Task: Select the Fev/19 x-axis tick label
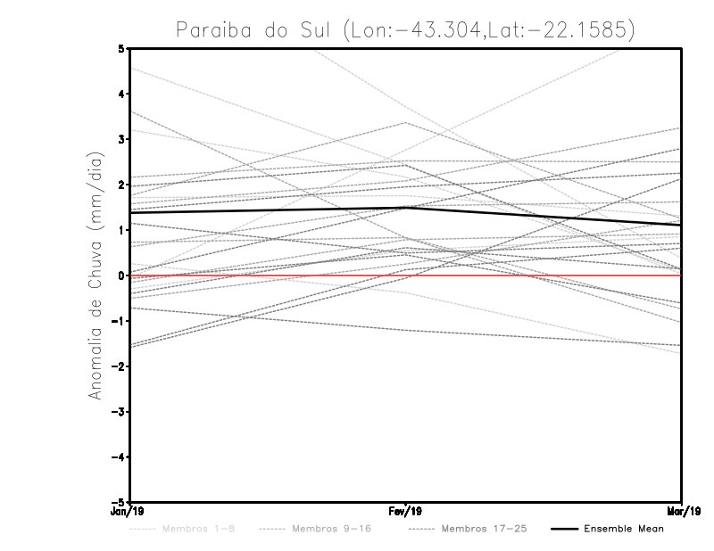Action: (x=406, y=512)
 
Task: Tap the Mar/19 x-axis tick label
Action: (x=682, y=512)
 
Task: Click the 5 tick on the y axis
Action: (x=121, y=48)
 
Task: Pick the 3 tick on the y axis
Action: (x=121, y=139)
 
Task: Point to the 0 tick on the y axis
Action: (x=121, y=275)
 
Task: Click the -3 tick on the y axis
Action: (x=119, y=412)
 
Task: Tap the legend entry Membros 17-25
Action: (x=484, y=529)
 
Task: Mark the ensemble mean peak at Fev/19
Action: (x=406, y=207)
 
